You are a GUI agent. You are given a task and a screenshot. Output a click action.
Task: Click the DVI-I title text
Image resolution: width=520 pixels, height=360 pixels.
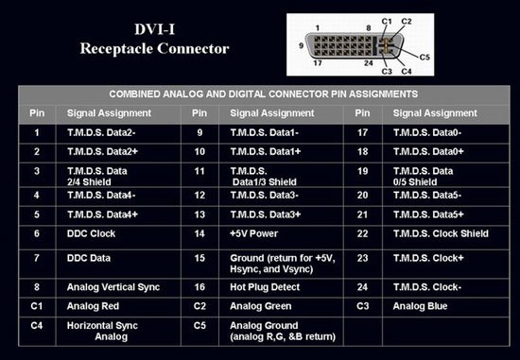pyautogui.click(x=154, y=29)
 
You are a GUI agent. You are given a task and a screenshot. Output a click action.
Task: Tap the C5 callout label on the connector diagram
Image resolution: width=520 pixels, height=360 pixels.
pyautogui.click(x=425, y=57)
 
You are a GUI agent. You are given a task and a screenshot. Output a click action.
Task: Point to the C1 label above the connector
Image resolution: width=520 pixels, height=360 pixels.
pyautogui.click(x=387, y=22)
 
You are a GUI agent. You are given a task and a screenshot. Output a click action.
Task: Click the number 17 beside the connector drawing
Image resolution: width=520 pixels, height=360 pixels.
pyautogui.click(x=318, y=63)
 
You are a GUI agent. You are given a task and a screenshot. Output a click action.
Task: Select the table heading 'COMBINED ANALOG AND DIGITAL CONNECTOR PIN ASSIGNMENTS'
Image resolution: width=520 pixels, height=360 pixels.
pyautogui.click(x=264, y=94)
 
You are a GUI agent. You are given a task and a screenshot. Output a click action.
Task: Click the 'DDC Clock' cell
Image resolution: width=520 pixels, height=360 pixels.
pyautogui.click(x=91, y=233)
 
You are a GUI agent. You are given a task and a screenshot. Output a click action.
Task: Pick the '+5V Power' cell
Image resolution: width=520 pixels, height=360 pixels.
pyautogui.click(x=254, y=233)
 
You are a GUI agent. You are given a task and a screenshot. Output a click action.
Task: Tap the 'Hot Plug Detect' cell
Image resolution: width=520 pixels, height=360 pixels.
pyautogui.click(x=265, y=287)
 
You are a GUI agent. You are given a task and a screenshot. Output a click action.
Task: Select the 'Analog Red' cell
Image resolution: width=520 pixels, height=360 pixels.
pyautogui.click(x=94, y=306)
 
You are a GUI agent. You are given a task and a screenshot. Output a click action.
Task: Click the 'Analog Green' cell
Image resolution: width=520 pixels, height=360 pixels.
pyautogui.click(x=261, y=306)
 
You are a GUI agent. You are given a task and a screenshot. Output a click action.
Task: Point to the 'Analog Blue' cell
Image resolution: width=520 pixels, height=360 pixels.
pyautogui.click(x=421, y=306)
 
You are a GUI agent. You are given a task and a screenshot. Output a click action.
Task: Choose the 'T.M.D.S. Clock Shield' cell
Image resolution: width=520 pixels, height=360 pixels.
pyautogui.click(x=442, y=233)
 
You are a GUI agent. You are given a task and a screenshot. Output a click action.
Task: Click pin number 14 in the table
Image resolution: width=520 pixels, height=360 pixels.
pyautogui.click(x=199, y=233)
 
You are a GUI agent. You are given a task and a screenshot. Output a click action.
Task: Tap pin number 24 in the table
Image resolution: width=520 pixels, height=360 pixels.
pyautogui.click(x=362, y=287)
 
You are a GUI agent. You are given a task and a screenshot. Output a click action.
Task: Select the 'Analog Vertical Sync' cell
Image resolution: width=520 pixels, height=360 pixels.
pyautogui.click(x=113, y=287)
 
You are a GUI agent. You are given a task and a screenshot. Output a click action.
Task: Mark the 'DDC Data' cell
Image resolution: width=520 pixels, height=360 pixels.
pyautogui.click(x=89, y=258)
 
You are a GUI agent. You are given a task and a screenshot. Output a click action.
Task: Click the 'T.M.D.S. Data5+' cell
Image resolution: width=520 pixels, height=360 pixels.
pyautogui.click(x=428, y=214)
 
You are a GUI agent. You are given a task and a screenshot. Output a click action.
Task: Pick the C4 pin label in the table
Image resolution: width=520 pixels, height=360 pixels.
pyautogui.click(x=37, y=326)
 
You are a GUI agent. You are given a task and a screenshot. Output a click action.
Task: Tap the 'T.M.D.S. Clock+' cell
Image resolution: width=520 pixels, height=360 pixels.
pyautogui.click(x=428, y=258)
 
